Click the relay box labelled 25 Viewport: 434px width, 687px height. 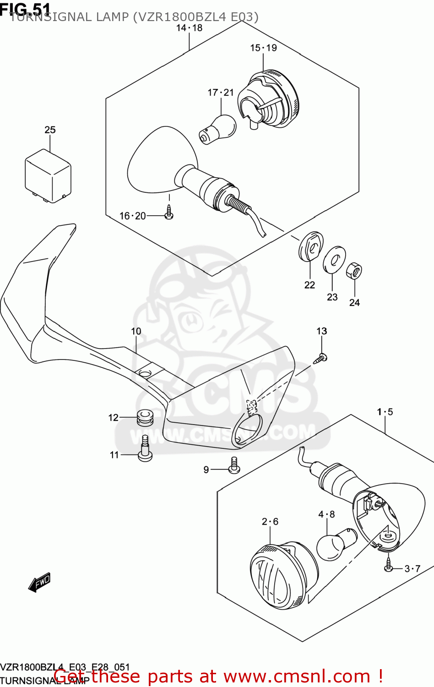[x=48, y=175]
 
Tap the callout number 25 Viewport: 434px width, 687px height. [x=50, y=130]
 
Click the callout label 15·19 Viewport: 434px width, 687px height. [x=263, y=48]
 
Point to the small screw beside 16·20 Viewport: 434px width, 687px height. [x=169, y=213]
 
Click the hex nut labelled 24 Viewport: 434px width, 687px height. [x=354, y=271]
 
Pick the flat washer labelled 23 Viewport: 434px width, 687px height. [x=334, y=260]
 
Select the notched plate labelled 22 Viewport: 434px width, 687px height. [x=311, y=247]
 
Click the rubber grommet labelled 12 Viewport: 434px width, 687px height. [x=145, y=417]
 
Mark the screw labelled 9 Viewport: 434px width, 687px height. [x=234, y=466]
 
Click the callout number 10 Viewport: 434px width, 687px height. [x=136, y=331]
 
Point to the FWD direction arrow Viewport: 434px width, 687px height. [x=39, y=583]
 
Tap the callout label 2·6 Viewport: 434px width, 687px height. [x=270, y=522]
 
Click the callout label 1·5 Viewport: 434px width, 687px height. [x=385, y=412]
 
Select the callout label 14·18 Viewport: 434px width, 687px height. [x=189, y=28]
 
